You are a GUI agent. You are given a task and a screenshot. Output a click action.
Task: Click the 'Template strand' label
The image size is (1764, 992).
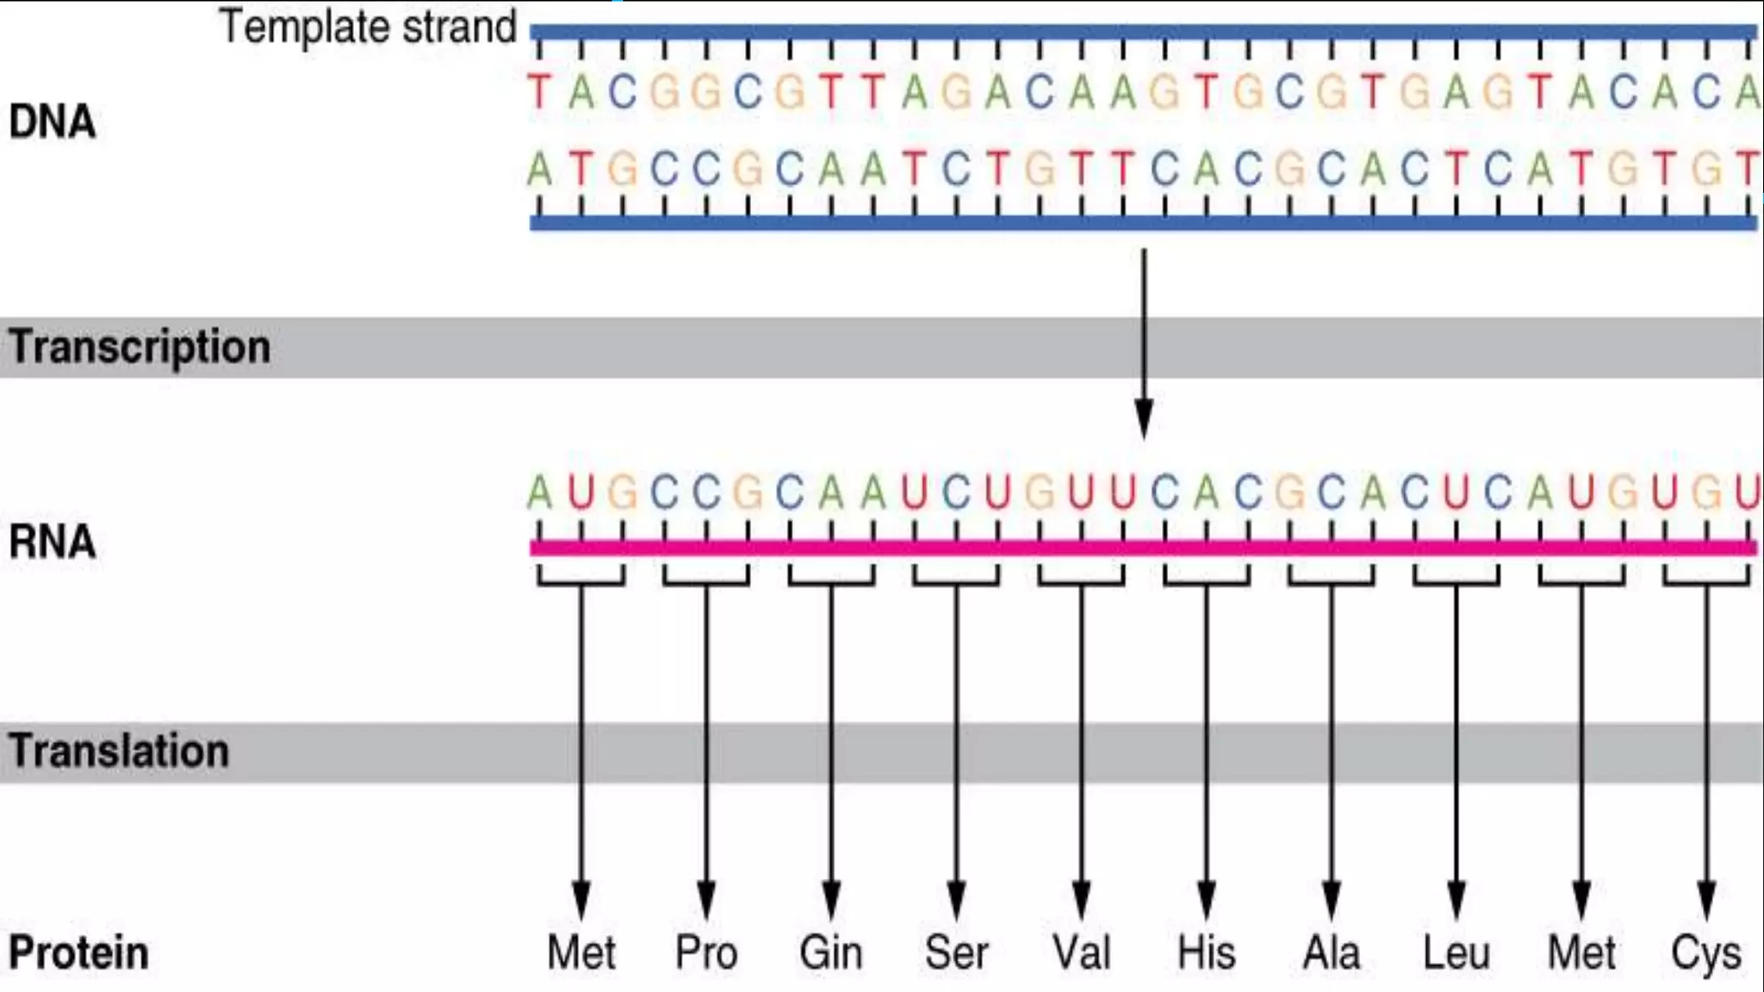tap(368, 28)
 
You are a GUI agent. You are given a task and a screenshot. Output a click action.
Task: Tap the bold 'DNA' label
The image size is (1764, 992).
tap(52, 122)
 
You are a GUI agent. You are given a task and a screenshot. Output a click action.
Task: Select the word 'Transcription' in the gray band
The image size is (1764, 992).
tap(140, 348)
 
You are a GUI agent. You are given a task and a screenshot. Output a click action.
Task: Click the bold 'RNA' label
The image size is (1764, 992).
tap(52, 542)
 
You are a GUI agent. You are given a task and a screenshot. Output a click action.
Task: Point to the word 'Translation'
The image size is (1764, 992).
tap(119, 751)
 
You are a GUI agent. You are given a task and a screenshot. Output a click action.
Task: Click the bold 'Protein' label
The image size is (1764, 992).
tap(78, 953)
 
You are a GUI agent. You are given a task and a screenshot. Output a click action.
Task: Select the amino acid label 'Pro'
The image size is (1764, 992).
tap(706, 953)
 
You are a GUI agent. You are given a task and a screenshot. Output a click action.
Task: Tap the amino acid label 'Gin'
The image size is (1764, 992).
tap(830, 953)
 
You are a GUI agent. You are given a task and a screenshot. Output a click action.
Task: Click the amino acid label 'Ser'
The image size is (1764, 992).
tap(956, 953)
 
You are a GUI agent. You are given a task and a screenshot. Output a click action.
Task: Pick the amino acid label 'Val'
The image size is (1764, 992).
tap(1082, 953)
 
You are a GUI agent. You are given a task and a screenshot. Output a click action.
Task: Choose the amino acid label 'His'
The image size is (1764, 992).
tap(1206, 953)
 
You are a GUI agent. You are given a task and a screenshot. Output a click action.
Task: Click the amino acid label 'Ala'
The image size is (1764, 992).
tap(1332, 953)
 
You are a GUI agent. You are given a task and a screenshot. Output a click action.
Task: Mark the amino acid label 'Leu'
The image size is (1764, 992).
tap(1456, 953)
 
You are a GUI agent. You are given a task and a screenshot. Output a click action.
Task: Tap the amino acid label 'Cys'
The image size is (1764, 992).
tap(1705, 953)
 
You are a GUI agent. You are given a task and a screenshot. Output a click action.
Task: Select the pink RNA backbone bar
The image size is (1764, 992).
tap(1144, 548)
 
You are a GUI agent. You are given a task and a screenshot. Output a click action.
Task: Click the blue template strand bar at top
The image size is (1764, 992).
tap(1144, 33)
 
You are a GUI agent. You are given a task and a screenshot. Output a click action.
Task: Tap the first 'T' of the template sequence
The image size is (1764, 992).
tap(539, 92)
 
